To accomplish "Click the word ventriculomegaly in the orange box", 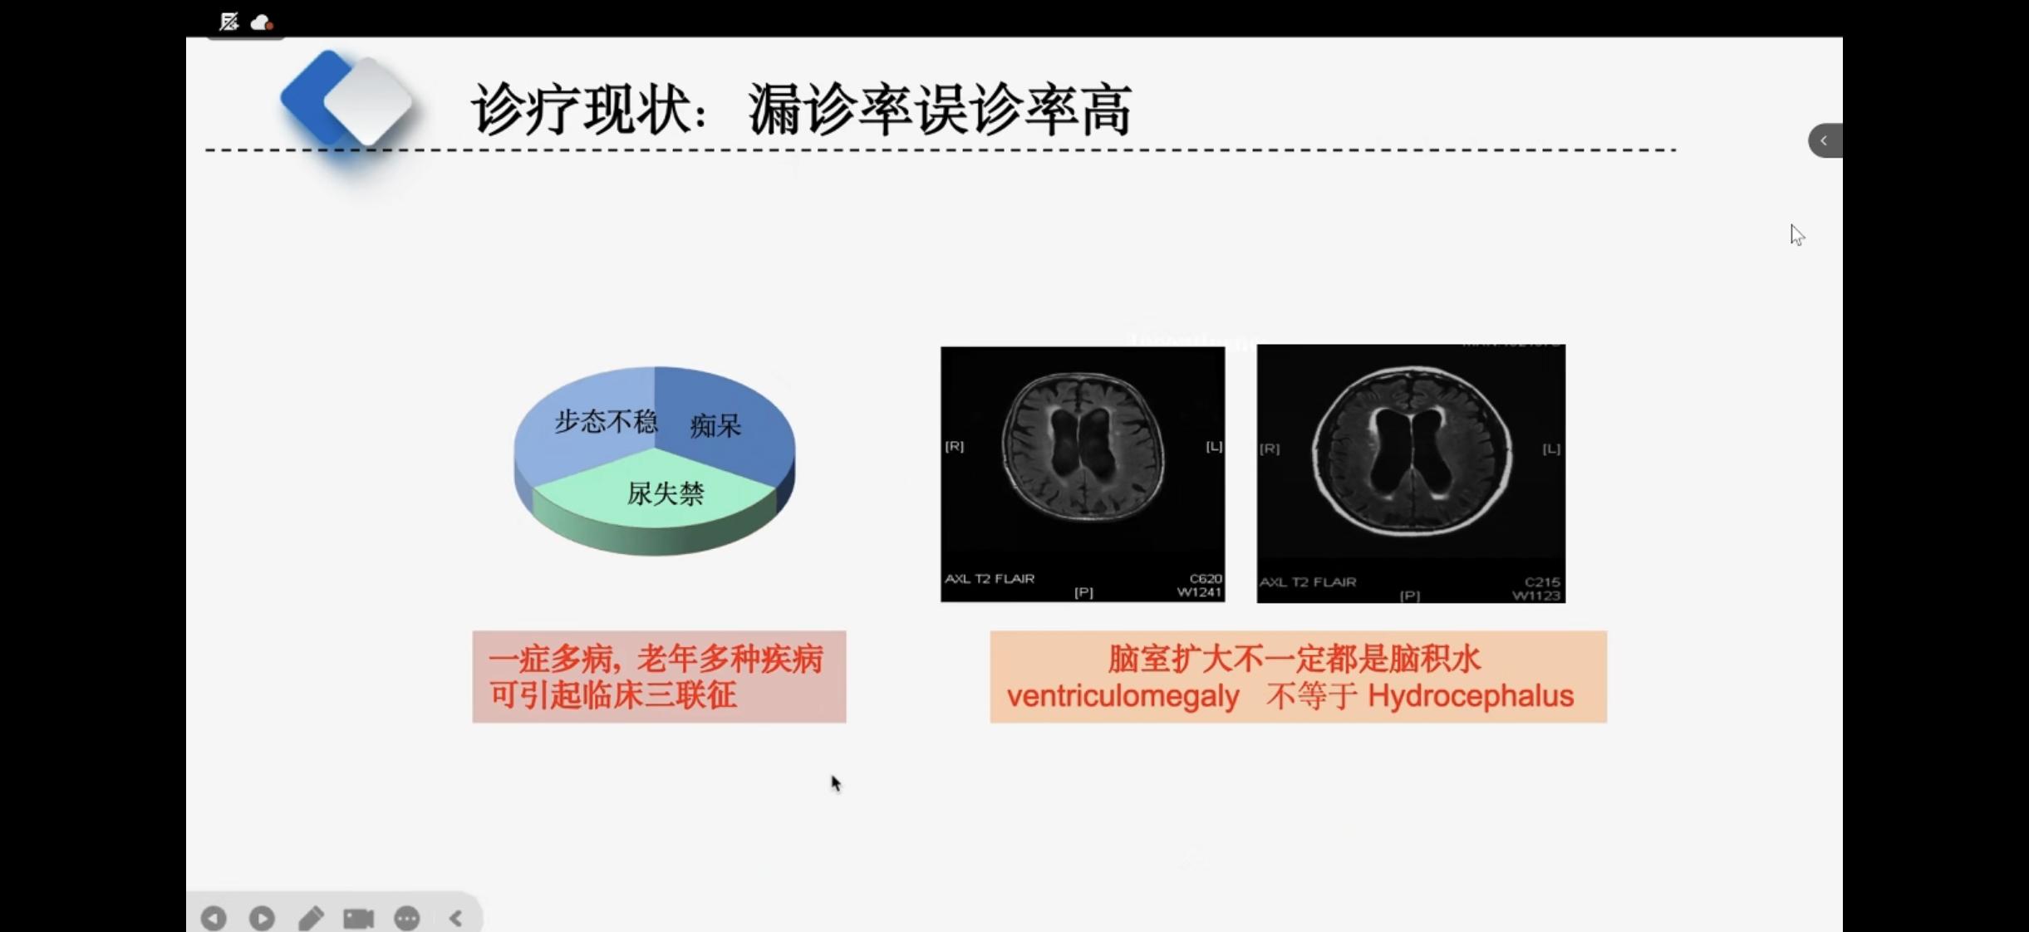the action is tap(1123, 696).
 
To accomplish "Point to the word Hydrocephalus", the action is tap(1471, 695).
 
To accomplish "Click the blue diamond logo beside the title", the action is tap(347, 99).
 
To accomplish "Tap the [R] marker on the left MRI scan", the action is tap(954, 446).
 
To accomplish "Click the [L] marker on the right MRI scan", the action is tap(1551, 449).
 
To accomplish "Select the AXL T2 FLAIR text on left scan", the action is tap(990, 578).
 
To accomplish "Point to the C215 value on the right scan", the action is tap(1542, 581).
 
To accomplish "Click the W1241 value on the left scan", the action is tap(1199, 592).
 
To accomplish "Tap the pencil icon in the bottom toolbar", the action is tap(311, 918).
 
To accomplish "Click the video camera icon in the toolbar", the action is tap(359, 918).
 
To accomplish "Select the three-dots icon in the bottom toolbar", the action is tap(407, 918).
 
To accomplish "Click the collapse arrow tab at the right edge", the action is tap(1825, 140).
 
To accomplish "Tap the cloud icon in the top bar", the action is tap(262, 22).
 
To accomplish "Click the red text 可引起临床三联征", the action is tap(612, 695).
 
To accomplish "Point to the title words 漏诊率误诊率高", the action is tap(940, 109).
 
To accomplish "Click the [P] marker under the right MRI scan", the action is tap(1409, 596).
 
